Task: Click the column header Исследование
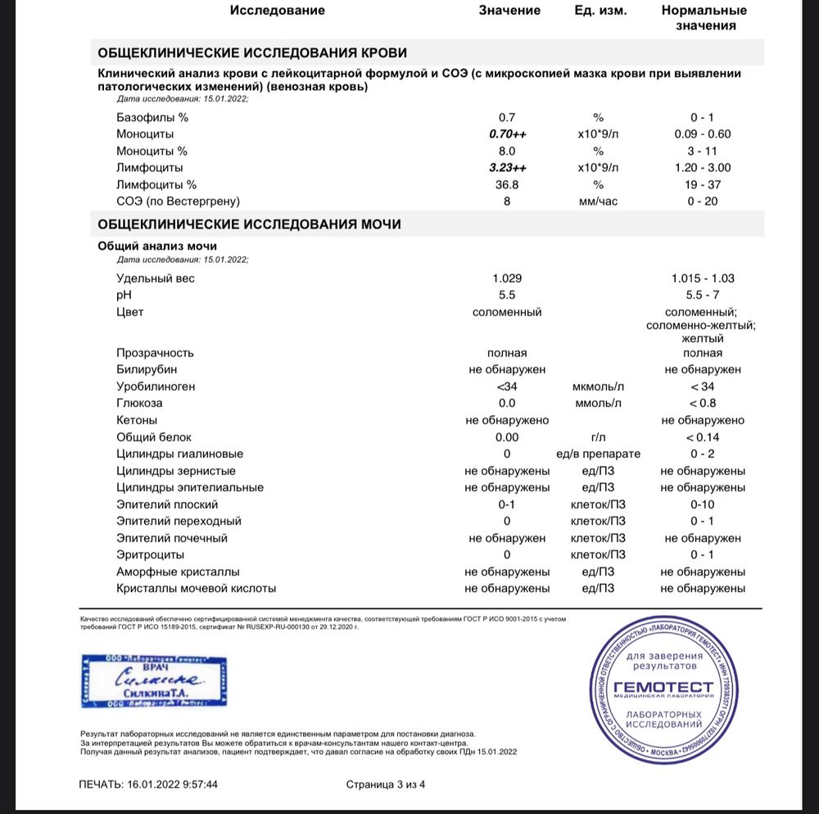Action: click(278, 11)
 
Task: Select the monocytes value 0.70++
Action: click(507, 134)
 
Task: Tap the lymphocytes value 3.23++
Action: click(507, 168)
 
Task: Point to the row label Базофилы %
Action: click(152, 117)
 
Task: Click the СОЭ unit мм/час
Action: click(598, 201)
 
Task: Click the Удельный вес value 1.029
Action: click(507, 278)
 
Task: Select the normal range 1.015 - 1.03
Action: click(704, 278)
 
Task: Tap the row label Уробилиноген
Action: click(156, 387)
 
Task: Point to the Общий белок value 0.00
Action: click(507, 437)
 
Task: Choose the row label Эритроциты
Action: click(151, 555)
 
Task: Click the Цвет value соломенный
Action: click(507, 312)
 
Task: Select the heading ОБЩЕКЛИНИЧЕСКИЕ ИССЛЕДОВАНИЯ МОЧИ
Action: click(249, 224)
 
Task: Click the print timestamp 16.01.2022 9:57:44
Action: click(172, 785)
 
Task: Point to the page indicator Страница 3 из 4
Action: click(386, 785)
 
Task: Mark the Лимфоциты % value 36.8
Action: click(507, 185)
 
